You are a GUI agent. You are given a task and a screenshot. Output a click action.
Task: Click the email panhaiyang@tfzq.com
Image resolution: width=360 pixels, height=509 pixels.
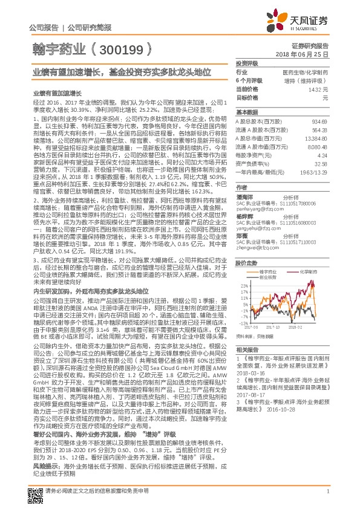tap(257, 209)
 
